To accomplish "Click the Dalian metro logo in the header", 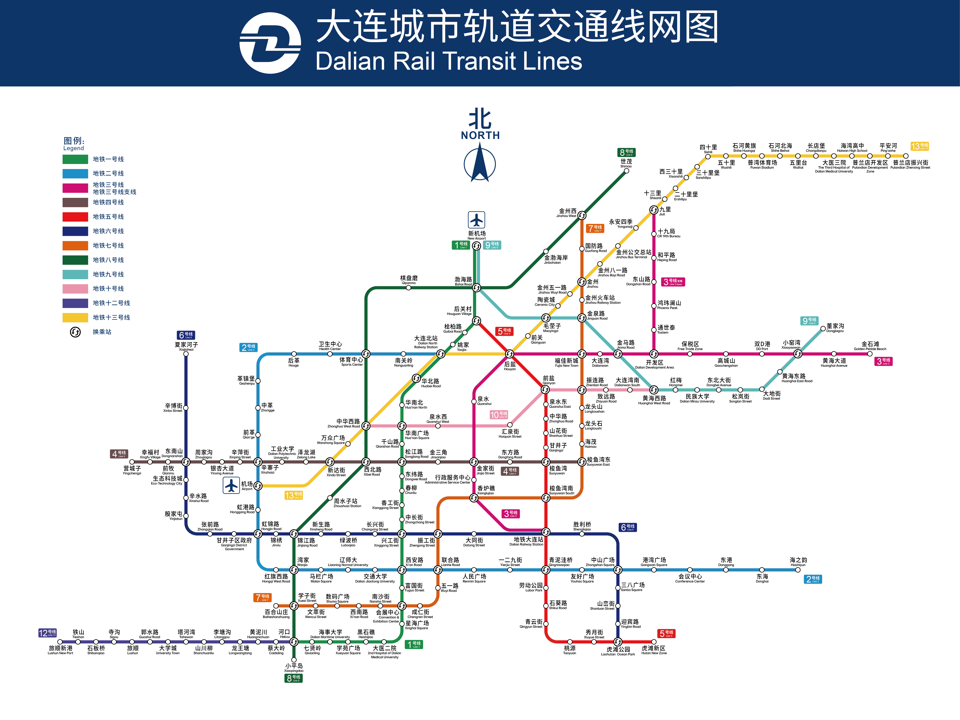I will [x=270, y=43].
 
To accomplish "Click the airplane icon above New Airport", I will [x=476, y=220].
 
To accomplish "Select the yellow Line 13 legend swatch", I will [x=75, y=317].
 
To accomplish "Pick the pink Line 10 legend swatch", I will [x=75, y=289].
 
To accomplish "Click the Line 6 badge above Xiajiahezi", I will [x=186, y=335].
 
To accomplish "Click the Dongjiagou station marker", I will [x=823, y=329].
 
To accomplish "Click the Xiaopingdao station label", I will [x=294, y=668].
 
